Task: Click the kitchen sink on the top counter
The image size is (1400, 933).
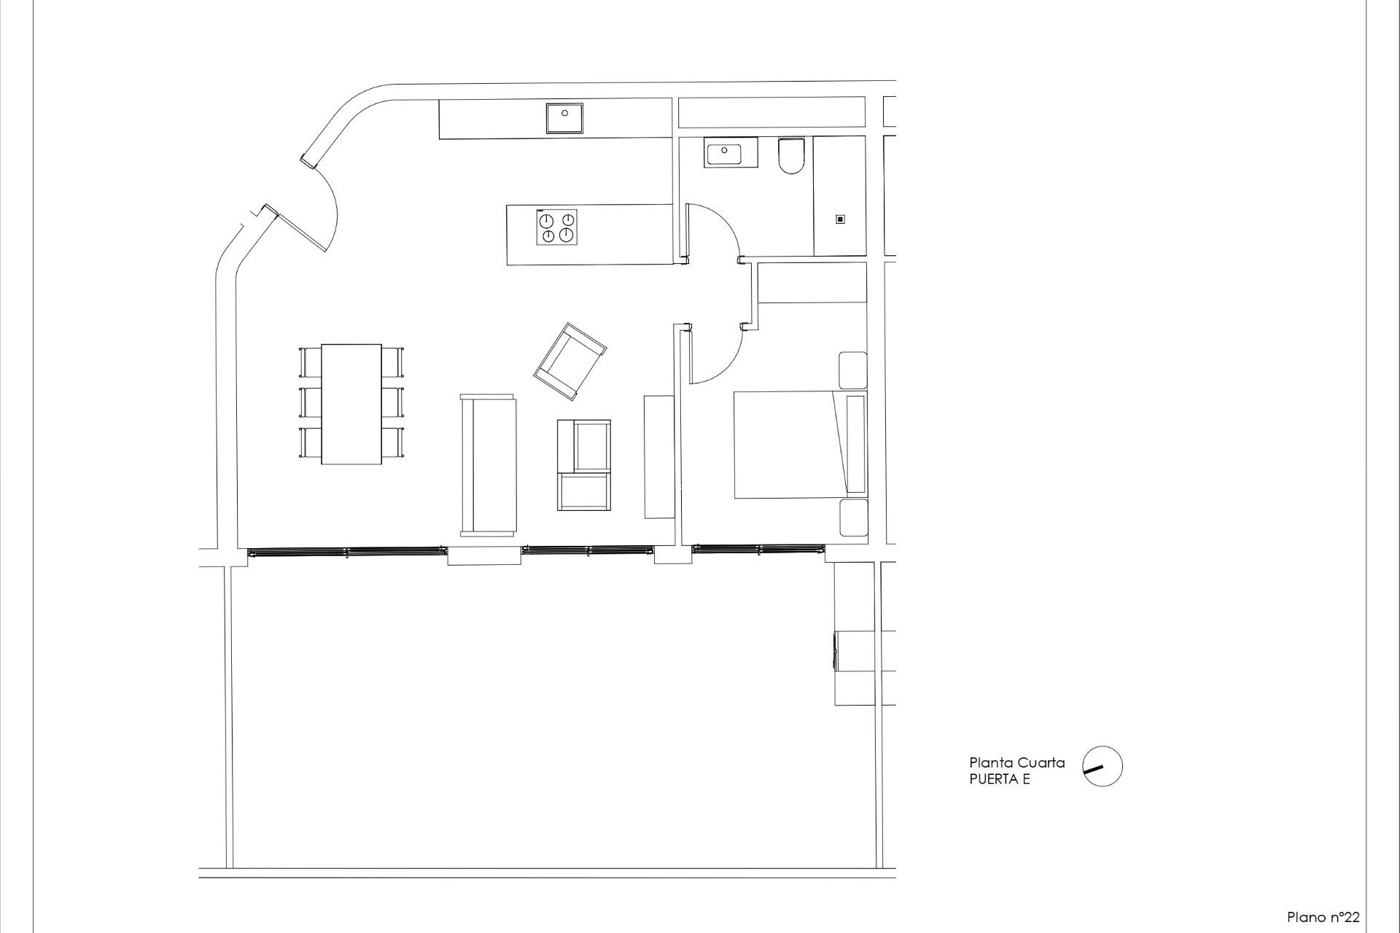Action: point(565,118)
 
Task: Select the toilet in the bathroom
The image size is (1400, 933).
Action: point(790,157)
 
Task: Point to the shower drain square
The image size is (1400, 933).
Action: point(840,219)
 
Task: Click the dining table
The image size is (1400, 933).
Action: point(351,403)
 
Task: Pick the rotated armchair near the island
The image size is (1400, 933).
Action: point(569,362)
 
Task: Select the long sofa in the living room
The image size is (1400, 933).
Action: point(488,465)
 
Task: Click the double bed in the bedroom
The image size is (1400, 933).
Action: point(791,445)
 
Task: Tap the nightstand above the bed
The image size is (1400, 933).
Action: point(853,370)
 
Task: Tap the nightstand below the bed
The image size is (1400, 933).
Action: point(853,518)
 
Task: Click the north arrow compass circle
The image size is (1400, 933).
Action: point(1102,766)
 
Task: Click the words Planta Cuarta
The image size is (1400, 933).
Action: point(1016,762)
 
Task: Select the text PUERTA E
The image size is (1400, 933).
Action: point(999,779)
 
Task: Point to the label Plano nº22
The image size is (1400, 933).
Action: point(1323,917)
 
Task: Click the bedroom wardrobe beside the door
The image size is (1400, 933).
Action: point(812,282)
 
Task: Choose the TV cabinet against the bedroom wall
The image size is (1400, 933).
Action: point(659,456)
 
